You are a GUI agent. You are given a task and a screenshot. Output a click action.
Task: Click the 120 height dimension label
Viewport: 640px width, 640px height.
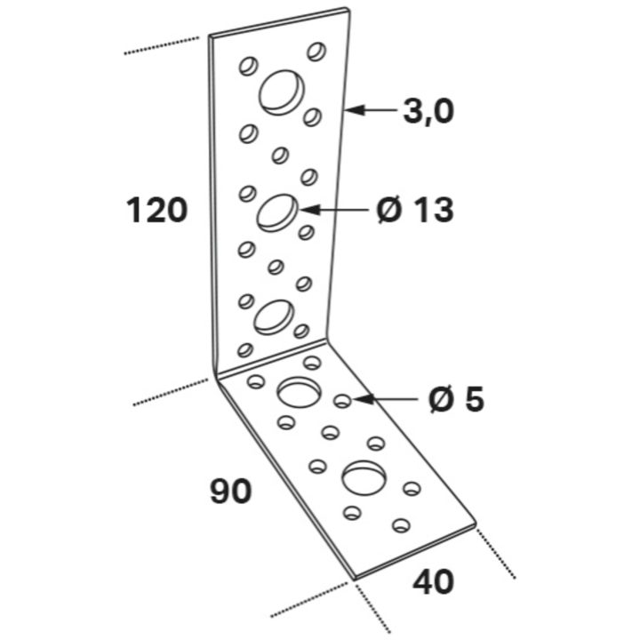(x=156, y=210)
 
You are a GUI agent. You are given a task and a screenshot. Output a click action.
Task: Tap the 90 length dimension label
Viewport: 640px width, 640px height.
(x=230, y=491)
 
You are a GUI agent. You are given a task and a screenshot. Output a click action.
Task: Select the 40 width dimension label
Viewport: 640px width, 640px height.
(x=433, y=581)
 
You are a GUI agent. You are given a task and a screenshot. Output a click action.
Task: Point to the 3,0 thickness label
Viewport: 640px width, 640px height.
(x=428, y=111)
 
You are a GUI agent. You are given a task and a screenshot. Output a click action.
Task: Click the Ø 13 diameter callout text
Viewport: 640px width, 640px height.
(x=415, y=210)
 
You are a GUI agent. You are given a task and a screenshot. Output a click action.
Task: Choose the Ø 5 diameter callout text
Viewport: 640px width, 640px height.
(x=456, y=399)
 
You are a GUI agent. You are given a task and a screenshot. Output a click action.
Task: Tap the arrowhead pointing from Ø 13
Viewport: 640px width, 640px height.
(x=308, y=210)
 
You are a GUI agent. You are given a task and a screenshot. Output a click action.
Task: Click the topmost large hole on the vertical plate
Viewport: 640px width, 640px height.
(x=282, y=92)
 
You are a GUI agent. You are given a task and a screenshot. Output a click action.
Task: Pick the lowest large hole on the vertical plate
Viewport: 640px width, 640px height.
(x=274, y=316)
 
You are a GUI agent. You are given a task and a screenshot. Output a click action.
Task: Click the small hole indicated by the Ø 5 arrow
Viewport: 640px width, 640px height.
(x=342, y=401)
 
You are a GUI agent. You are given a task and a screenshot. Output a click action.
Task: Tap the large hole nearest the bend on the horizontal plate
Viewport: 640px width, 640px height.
(x=299, y=392)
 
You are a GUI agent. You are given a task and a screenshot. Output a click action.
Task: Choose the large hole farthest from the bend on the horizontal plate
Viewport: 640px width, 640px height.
(x=364, y=477)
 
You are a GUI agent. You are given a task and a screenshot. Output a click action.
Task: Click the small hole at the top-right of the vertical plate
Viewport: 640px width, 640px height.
(x=316, y=52)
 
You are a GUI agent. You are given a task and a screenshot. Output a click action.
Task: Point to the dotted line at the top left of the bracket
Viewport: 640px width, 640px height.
(x=162, y=45)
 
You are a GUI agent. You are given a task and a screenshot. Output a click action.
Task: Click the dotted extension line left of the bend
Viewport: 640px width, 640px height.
(x=171, y=392)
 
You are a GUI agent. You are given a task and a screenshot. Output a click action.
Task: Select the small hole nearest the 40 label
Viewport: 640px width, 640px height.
(x=401, y=525)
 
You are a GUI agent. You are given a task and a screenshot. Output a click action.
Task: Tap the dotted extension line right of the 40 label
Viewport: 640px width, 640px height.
(x=496, y=554)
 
